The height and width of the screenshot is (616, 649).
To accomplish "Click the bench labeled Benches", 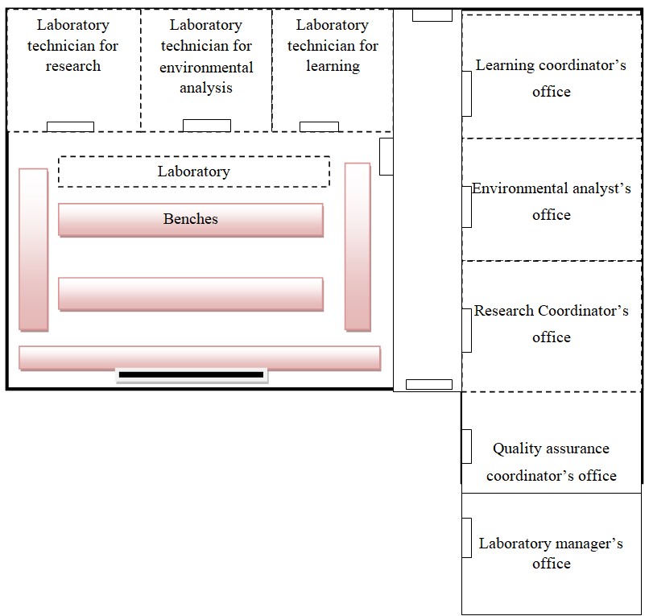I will pyautogui.click(x=191, y=220).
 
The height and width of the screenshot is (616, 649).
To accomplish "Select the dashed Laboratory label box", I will pyautogui.click(x=194, y=172).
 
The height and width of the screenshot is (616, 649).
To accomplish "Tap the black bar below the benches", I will pyautogui.click(x=191, y=374).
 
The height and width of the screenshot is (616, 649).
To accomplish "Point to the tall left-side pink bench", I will pyautogui.click(x=33, y=249).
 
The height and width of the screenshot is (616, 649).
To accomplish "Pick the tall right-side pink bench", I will pyautogui.click(x=358, y=246).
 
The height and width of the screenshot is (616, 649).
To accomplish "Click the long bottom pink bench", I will pyautogui.click(x=199, y=358).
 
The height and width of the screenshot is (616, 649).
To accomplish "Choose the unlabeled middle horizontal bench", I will pyautogui.click(x=191, y=294).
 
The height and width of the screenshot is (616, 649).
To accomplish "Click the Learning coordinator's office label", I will pyautogui.click(x=551, y=78).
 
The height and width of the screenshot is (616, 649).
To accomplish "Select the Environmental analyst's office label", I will pyautogui.click(x=551, y=201).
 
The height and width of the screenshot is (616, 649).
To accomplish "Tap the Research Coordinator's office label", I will pyautogui.click(x=551, y=324).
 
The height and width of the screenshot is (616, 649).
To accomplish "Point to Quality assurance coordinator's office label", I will pyautogui.click(x=551, y=461).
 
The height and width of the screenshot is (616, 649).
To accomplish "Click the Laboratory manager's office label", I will pyautogui.click(x=551, y=553).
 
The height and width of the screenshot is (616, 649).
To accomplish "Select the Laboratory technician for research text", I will pyautogui.click(x=72, y=46).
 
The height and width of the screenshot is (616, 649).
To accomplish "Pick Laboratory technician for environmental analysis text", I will pyautogui.click(x=206, y=56).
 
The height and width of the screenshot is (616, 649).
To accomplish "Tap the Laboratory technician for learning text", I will pyautogui.click(x=333, y=46).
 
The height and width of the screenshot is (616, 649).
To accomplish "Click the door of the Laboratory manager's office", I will pyautogui.click(x=466, y=537).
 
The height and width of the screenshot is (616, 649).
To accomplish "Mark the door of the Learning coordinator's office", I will pyautogui.click(x=466, y=93).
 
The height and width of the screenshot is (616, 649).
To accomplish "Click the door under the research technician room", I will pyautogui.click(x=70, y=126).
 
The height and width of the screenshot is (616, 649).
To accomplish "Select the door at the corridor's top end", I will pyautogui.click(x=432, y=15).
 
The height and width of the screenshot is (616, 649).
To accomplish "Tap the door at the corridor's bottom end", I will pyautogui.click(x=428, y=384).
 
